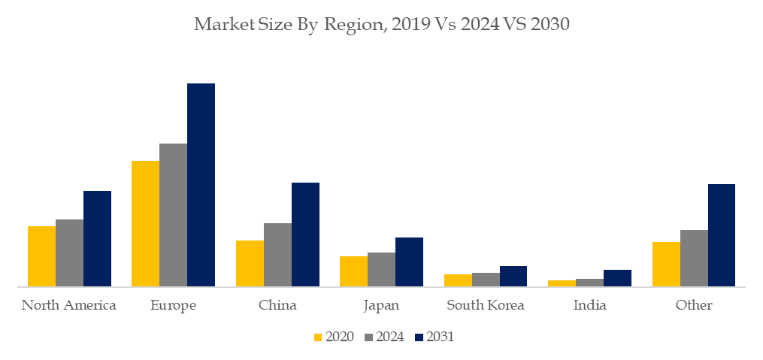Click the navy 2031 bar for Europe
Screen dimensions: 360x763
coord(201,185)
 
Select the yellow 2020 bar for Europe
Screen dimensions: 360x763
coord(145,223)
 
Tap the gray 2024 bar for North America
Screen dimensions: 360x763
coord(69,253)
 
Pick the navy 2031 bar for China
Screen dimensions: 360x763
coord(305,234)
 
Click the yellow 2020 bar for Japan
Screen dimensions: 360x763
coord(353,271)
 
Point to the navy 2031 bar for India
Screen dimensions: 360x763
coord(617,278)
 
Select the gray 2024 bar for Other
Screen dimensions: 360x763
coord(694,258)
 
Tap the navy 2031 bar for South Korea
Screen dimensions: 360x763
coord(513,276)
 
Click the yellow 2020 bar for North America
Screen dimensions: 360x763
coord(41,256)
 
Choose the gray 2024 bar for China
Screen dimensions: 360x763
coord(277,255)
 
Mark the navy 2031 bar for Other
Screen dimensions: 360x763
coord(722,235)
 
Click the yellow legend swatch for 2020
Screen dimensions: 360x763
coord(317,337)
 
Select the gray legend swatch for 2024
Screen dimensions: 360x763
coord(368,337)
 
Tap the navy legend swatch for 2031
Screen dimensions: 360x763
coord(419,337)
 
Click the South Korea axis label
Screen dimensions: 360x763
coord(485,305)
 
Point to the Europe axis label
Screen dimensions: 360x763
coord(173,305)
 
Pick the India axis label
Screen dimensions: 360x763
coord(589,305)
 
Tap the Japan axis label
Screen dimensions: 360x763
coord(381,305)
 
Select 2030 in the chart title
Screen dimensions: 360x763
coord(550,25)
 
